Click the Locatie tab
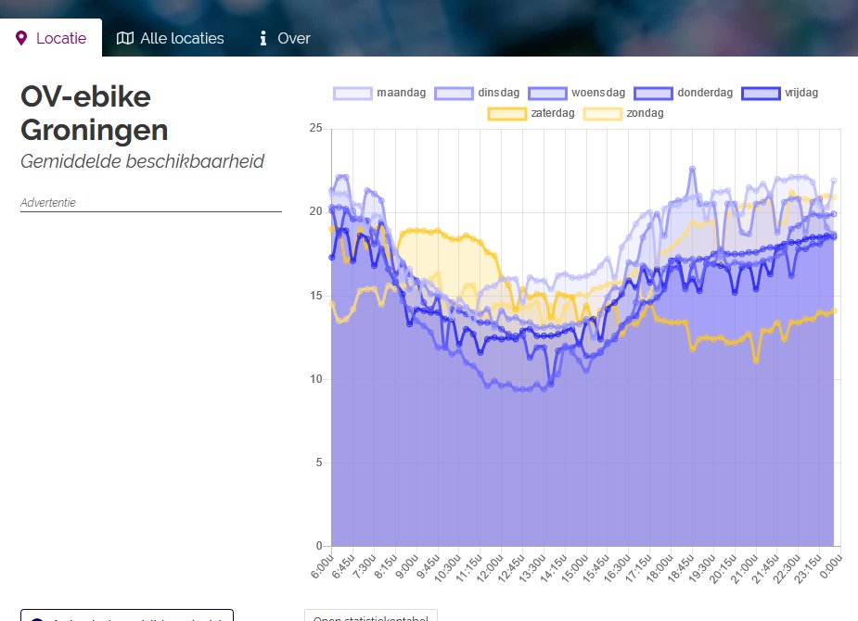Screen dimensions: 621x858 coord(51,38)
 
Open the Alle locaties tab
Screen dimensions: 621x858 coord(171,38)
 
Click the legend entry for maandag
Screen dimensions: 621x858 coord(380,93)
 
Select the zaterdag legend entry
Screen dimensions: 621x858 coord(532,113)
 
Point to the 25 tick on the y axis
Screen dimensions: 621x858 coord(315,128)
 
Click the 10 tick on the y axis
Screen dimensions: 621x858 coord(315,379)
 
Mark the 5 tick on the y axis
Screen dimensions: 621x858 coord(318,463)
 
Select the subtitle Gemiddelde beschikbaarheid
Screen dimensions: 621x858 coord(142,161)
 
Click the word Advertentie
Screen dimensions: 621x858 coord(47,201)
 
